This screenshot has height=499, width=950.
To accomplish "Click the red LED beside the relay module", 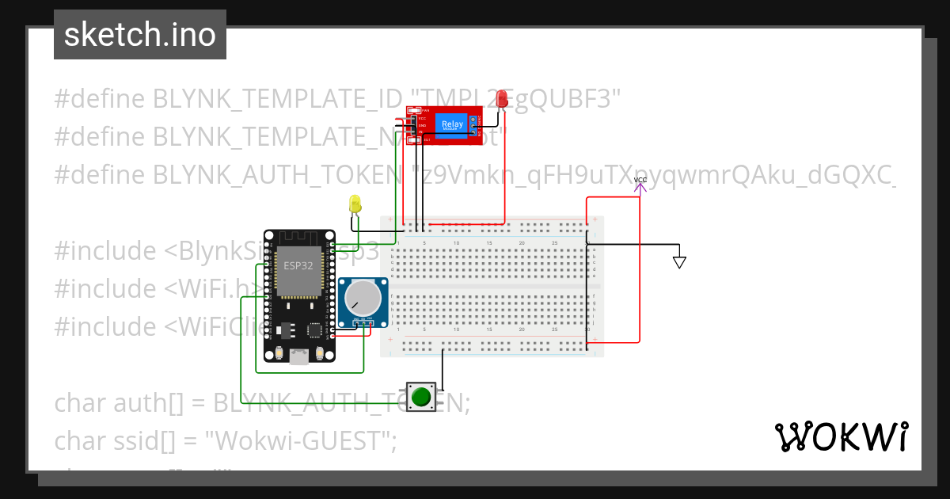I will click(502, 99).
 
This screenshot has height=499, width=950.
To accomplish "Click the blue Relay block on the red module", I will click(452, 124).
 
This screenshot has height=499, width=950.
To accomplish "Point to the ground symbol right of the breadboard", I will click(679, 261).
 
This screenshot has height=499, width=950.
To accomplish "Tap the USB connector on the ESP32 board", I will click(298, 356).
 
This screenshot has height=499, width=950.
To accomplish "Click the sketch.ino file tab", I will click(140, 35).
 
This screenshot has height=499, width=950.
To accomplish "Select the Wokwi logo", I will click(841, 436).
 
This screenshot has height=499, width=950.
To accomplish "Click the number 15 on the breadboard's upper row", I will click(489, 242).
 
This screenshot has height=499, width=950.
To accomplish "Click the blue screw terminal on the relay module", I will click(473, 124).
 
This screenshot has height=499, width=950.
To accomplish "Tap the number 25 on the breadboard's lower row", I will click(554, 329).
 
